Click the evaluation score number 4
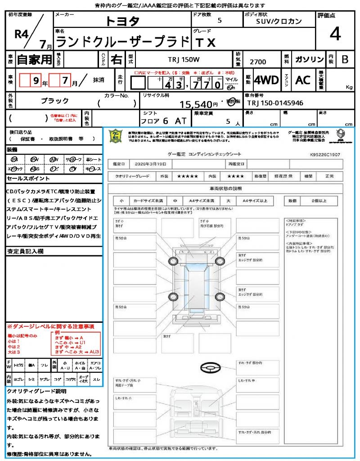click(335, 34)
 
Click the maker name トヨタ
click(122, 21)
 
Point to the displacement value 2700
click(257, 62)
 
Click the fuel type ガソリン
click(309, 59)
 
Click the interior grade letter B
click(345, 59)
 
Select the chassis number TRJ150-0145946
click(275, 103)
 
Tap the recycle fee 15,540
click(196, 104)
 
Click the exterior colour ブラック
click(54, 100)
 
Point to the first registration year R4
click(23, 35)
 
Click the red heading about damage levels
click(50, 325)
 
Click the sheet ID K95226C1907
click(325, 154)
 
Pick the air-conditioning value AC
click(303, 80)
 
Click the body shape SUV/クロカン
click(279, 21)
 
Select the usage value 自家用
click(35, 59)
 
